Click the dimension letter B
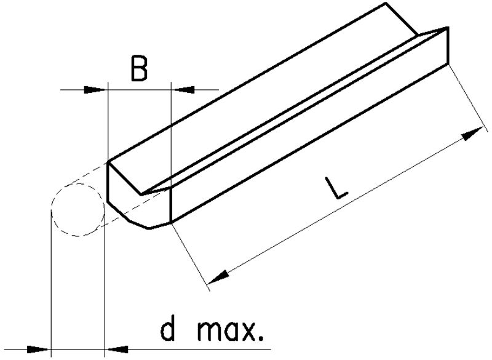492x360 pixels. [139, 69]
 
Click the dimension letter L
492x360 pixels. [336, 188]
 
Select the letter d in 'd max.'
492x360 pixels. [168, 330]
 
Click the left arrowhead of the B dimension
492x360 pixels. [94, 90]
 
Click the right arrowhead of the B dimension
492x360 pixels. [184, 90]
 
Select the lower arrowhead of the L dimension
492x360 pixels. [218, 277]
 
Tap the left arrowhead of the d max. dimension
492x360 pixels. [38, 349]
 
